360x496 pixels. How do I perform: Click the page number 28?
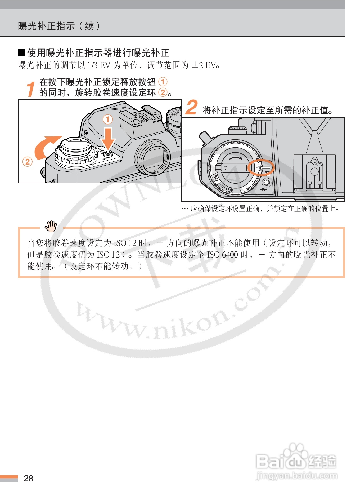click(28, 478)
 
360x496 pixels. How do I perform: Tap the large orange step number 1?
click(31, 89)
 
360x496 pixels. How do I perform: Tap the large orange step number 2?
click(191, 107)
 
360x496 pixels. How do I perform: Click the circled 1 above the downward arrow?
click(108, 119)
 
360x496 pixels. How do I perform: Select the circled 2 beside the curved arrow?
click(28, 161)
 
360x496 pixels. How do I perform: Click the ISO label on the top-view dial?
click(216, 177)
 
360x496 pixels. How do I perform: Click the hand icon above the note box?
click(51, 226)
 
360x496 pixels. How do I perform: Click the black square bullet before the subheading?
click(22, 52)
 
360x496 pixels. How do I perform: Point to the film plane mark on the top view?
click(263, 190)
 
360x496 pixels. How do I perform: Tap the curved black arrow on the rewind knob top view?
click(235, 158)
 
